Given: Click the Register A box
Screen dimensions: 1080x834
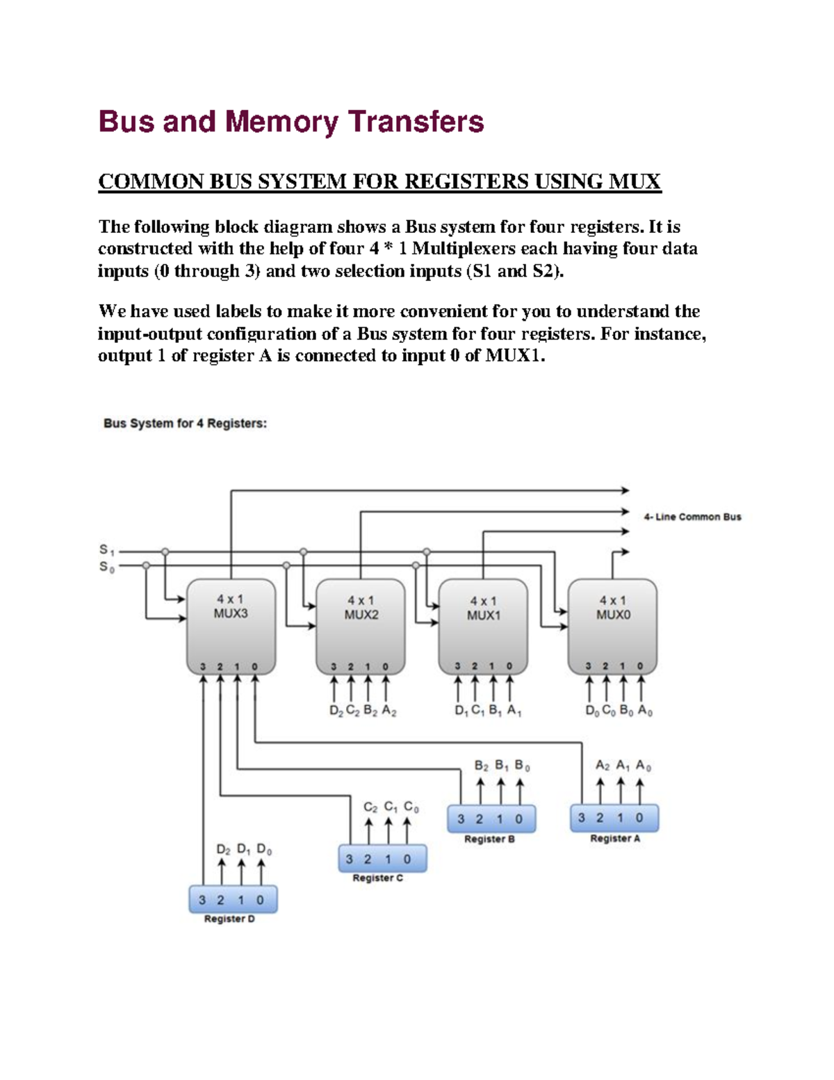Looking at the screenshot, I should click(614, 819).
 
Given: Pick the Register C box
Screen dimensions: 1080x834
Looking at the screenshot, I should click(382, 859).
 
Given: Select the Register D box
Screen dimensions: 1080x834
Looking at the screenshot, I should click(233, 899).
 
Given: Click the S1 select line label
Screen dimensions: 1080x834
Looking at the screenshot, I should click(106, 550).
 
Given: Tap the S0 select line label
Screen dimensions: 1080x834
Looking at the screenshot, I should click(106, 567).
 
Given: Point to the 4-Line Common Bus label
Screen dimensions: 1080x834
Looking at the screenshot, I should click(692, 517).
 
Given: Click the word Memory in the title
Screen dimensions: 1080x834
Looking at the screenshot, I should click(281, 122).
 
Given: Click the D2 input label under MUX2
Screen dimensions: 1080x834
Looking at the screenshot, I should click(336, 711).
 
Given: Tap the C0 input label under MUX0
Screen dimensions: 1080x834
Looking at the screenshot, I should click(609, 711).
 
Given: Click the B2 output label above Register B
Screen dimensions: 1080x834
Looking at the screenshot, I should click(481, 766).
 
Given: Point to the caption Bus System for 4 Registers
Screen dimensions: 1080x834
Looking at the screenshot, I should click(185, 423).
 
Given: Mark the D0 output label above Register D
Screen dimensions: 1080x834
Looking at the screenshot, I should click(264, 849).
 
